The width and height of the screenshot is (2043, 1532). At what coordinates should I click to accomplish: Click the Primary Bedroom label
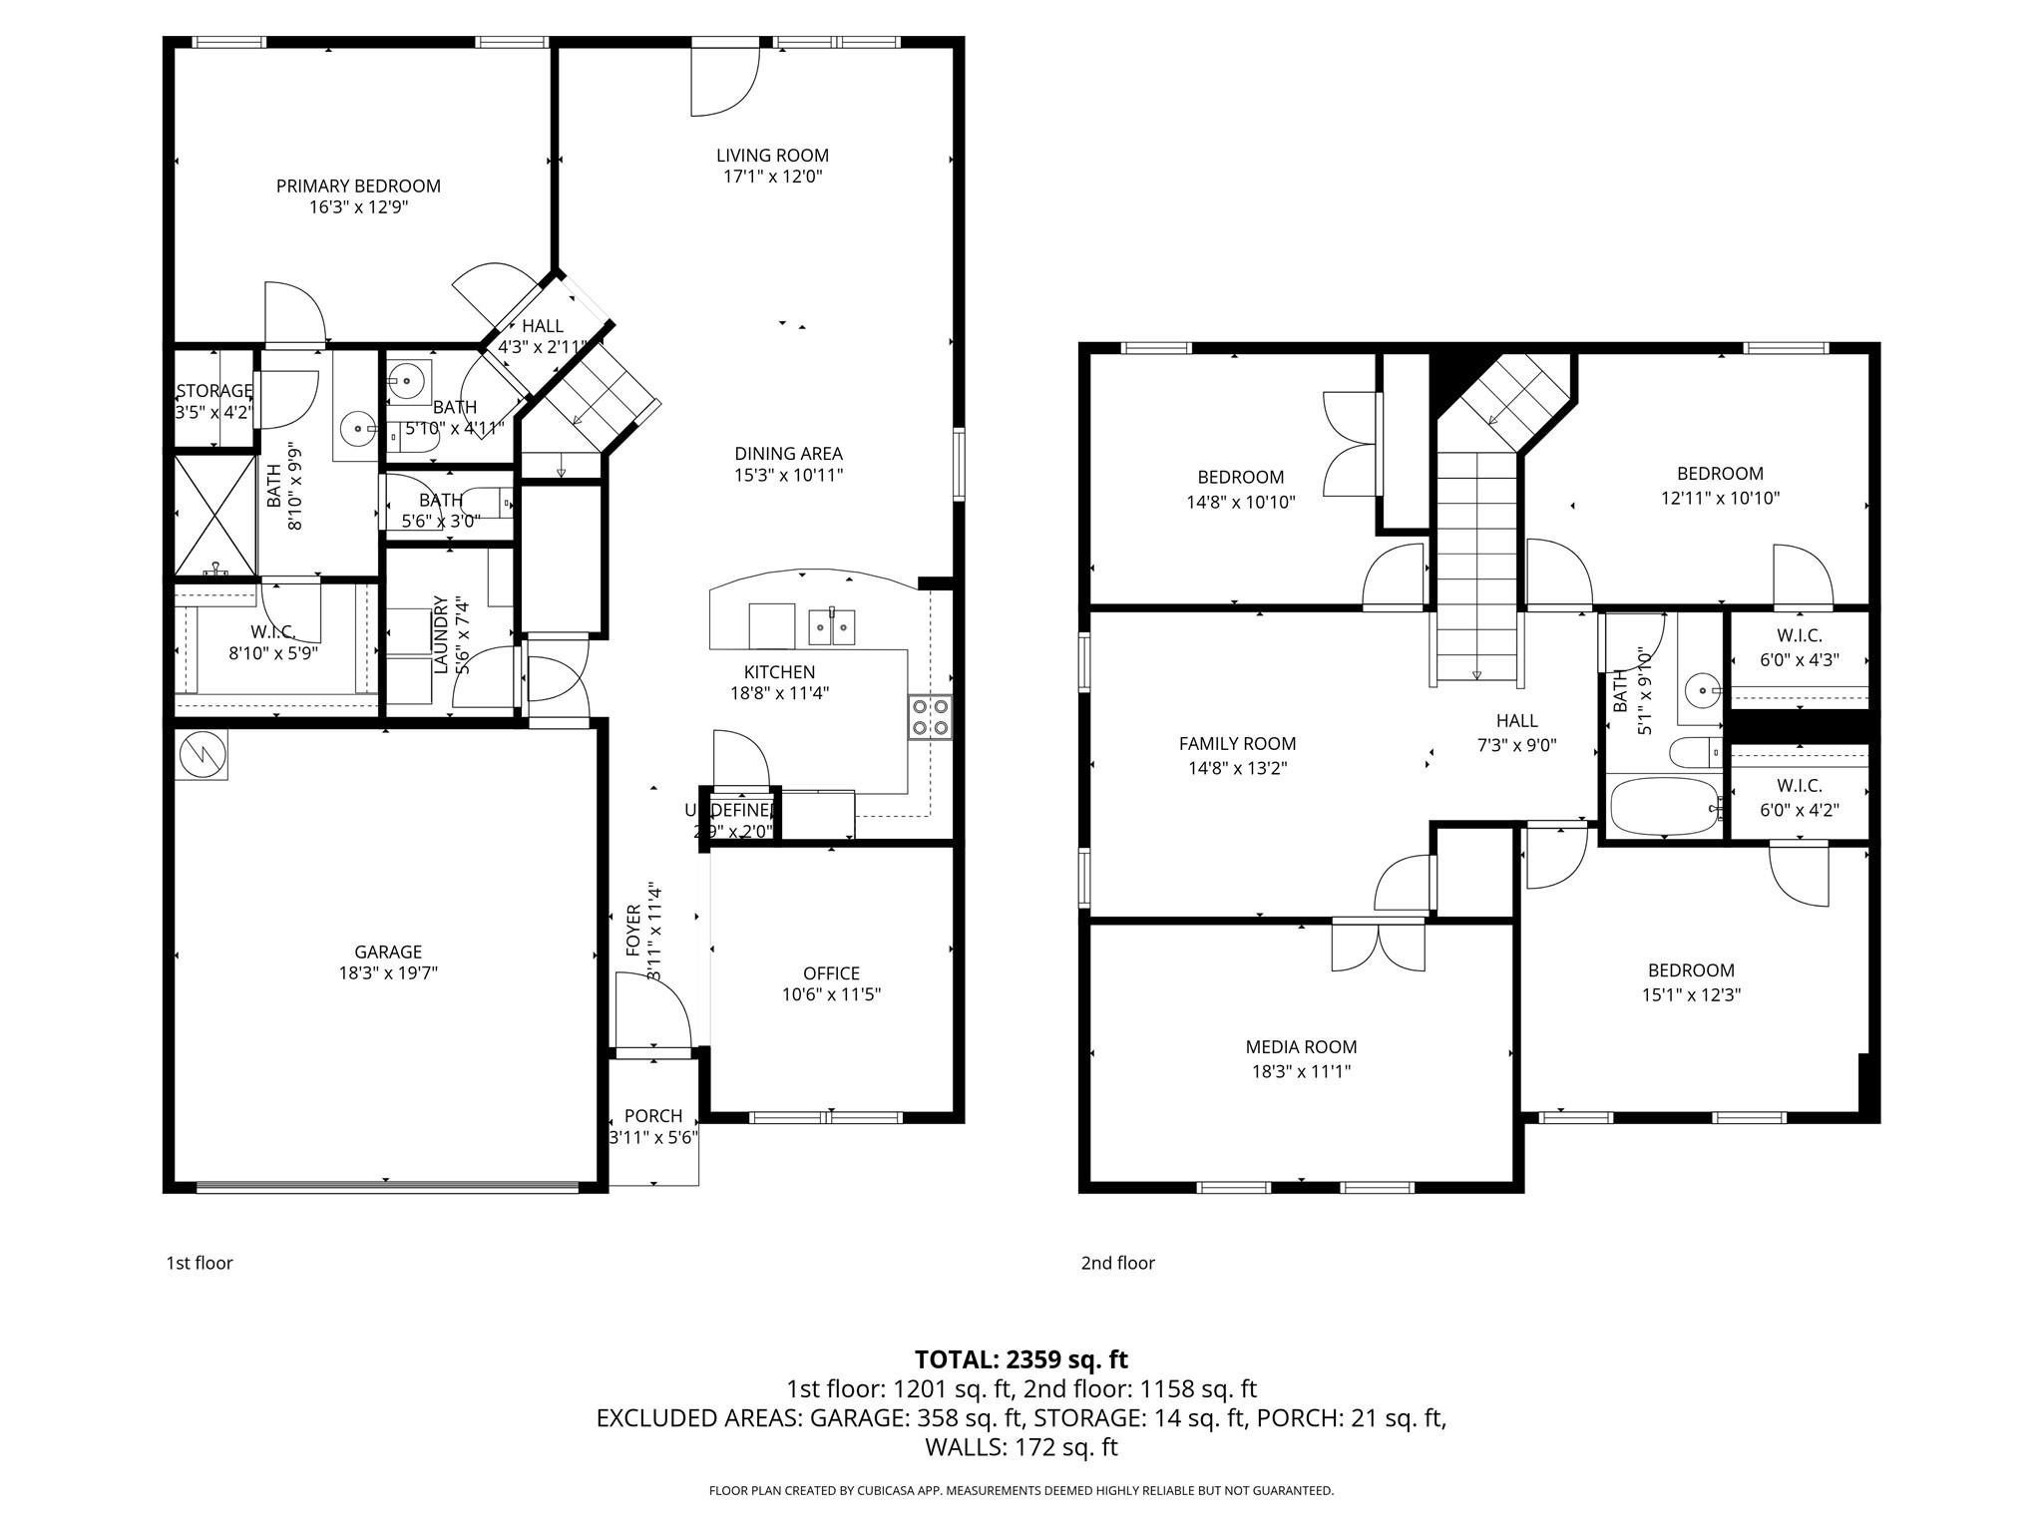click(x=358, y=187)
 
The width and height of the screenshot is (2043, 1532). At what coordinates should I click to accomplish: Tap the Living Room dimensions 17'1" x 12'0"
click(x=772, y=178)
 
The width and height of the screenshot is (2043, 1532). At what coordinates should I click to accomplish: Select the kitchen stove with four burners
click(x=930, y=717)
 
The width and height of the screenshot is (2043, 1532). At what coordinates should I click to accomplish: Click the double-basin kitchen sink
click(x=831, y=626)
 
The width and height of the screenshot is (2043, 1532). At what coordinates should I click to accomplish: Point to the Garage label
click(x=388, y=952)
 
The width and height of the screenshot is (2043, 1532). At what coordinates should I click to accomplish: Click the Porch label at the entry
click(x=653, y=1116)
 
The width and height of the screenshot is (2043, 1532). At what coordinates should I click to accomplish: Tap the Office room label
click(x=831, y=973)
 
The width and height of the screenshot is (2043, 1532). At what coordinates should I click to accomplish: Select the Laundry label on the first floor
click(x=440, y=635)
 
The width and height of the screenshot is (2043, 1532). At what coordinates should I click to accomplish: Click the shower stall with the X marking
click(x=215, y=514)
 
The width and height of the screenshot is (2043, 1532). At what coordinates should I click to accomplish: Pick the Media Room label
click(x=1301, y=1047)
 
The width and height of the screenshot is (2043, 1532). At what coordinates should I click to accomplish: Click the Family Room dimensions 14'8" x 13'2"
click(x=1237, y=768)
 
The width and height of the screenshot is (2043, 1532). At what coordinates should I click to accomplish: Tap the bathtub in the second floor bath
click(x=1662, y=807)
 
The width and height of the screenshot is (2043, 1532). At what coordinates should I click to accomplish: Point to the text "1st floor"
click(x=200, y=1263)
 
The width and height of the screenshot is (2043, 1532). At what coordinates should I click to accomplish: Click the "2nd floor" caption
click(x=1118, y=1263)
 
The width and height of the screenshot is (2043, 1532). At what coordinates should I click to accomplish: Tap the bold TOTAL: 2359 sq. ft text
click(x=1021, y=1359)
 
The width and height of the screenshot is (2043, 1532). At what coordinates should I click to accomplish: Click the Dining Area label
click(x=788, y=454)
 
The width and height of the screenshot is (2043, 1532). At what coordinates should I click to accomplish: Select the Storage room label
click(x=213, y=391)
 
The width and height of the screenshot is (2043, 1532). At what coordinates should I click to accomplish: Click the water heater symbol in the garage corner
click(x=203, y=755)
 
